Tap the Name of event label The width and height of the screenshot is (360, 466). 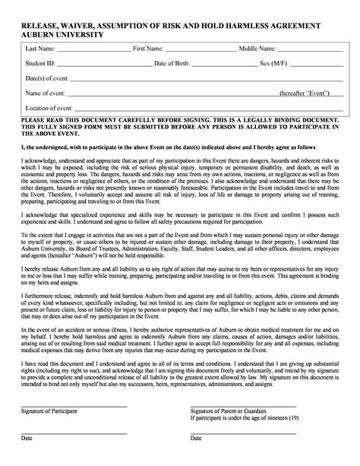tap(45, 92)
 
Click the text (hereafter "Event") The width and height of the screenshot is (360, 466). tap(304, 92)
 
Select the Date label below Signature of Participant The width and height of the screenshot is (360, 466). tap(27, 460)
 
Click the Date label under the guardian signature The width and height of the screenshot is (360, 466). tap(196, 460)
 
